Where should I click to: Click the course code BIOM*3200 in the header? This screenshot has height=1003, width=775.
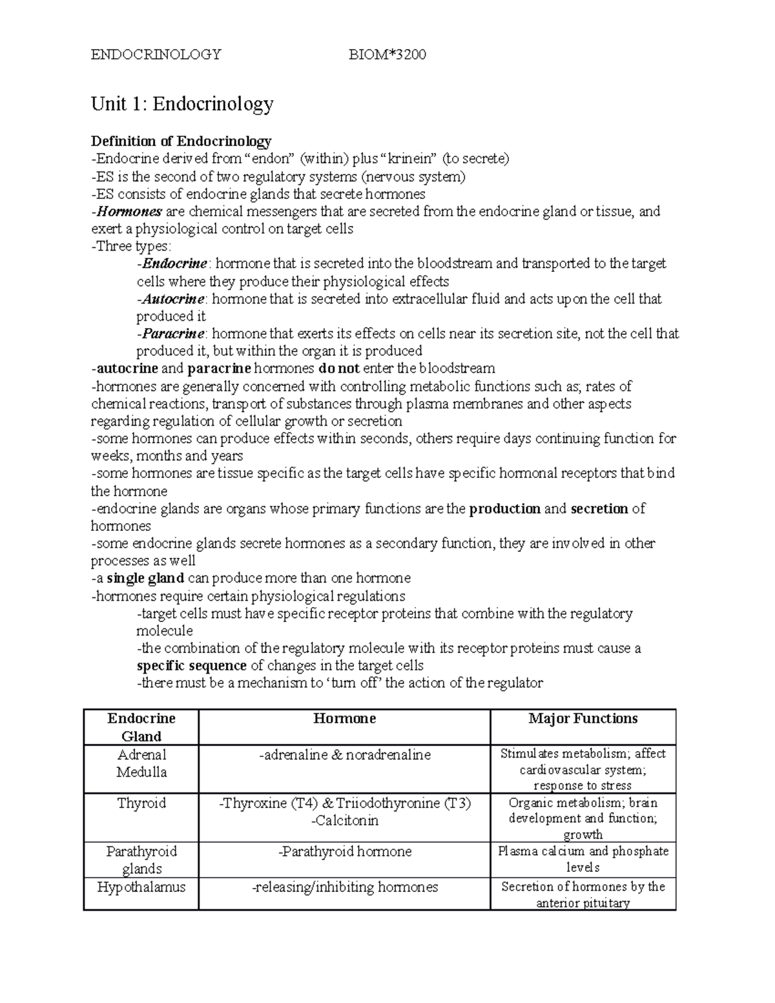[x=387, y=54]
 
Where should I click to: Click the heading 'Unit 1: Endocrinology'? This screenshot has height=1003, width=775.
[x=182, y=103]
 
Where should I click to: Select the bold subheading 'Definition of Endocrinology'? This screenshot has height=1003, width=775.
[x=181, y=141]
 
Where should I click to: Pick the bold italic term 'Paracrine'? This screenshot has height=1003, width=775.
[x=173, y=334]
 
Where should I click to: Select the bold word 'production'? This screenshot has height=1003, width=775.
[x=504, y=509]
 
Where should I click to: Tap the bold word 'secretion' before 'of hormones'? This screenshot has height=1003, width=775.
[x=599, y=509]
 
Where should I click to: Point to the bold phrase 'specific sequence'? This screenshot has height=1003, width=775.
[x=191, y=666]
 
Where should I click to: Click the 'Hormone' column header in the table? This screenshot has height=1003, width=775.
[x=344, y=719]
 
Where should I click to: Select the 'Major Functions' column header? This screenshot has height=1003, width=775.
[x=583, y=719]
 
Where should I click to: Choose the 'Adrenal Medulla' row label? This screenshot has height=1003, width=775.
[x=141, y=763]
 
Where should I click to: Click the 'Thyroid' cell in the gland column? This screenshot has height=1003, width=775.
[x=141, y=803]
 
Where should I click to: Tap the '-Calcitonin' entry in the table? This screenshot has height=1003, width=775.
[x=344, y=821]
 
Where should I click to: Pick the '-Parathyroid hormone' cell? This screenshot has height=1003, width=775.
[x=344, y=852]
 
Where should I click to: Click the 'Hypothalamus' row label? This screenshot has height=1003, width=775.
[x=141, y=887]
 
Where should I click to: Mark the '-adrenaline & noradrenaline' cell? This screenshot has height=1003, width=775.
[x=344, y=755]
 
